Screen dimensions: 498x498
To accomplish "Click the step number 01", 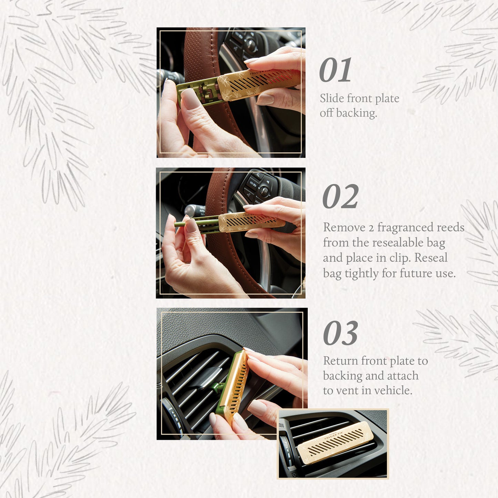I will pos(335,70).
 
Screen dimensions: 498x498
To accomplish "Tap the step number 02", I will pos(340,197).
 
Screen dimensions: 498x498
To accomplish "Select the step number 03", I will pos(340,333).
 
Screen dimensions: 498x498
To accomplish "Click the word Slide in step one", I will pos(332,99).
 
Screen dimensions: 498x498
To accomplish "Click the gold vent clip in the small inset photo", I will pos(335,443).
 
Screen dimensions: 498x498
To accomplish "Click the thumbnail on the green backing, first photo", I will pos(191,98).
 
